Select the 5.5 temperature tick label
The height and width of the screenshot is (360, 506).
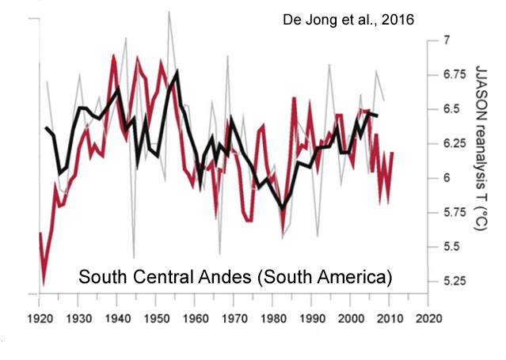click(x=451, y=247)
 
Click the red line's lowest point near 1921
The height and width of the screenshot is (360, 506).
click(x=44, y=283)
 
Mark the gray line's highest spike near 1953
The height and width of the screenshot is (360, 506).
click(x=168, y=11)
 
